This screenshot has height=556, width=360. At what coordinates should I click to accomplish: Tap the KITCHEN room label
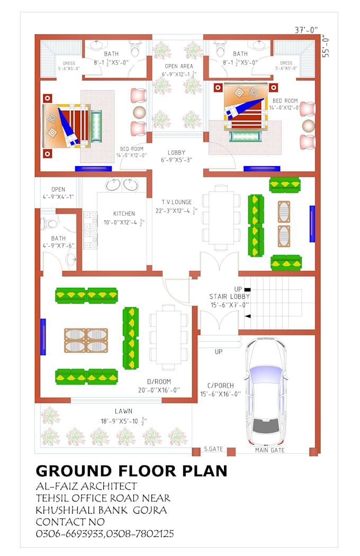tap(123, 214)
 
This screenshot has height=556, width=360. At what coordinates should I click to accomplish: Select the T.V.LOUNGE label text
tap(177, 202)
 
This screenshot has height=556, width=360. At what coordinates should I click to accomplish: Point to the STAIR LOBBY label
tap(229, 297)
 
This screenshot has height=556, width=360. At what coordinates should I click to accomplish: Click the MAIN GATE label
tap(269, 450)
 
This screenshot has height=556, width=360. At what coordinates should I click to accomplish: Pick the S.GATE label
tap(213, 449)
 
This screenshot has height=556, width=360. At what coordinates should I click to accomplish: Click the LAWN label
tap(123, 411)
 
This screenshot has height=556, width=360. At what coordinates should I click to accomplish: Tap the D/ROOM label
tap(159, 381)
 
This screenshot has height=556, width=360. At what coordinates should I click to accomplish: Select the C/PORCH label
tap(220, 386)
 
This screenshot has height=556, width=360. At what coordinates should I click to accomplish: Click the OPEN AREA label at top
tap(178, 66)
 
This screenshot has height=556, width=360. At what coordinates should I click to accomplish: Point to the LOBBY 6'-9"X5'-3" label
tap(176, 152)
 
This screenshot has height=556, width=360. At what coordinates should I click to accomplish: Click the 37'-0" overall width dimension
tap(307, 30)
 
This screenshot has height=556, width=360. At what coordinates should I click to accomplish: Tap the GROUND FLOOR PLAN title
tap(131, 471)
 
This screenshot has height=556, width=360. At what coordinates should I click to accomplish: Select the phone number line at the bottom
tap(104, 534)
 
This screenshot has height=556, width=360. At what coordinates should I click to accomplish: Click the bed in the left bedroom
tap(71, 124)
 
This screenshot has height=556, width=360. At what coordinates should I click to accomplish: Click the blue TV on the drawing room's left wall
tap(43, 337)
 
